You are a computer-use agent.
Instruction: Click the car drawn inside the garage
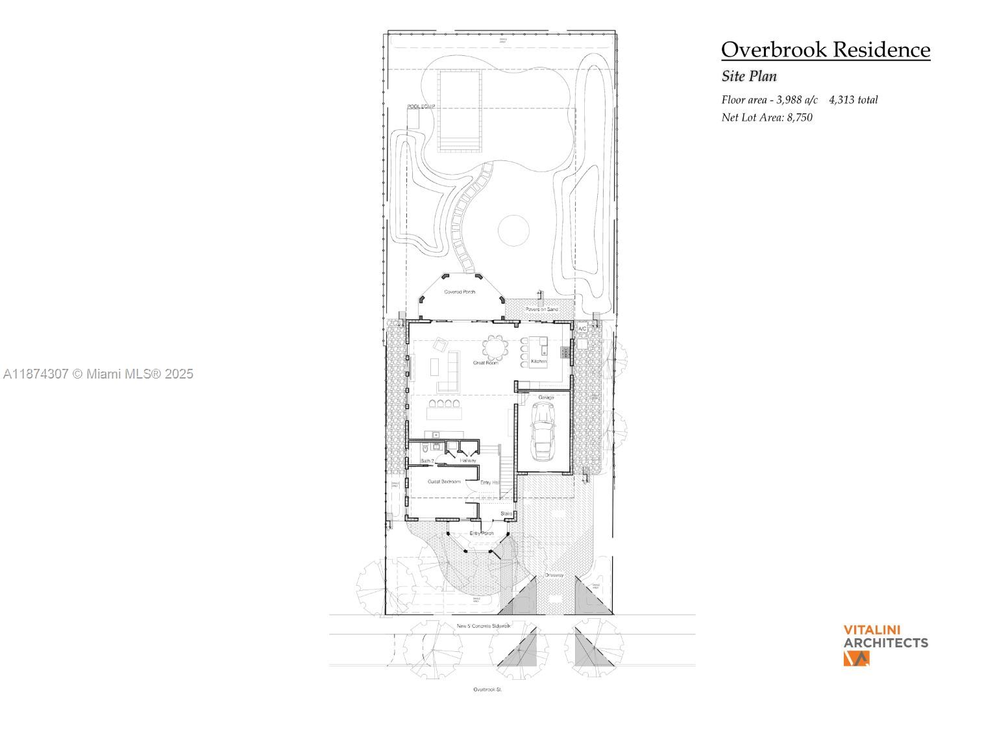pos(543,431)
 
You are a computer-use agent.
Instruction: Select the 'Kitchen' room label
pos(539,361)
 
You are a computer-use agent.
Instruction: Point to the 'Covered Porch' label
pos(460,292)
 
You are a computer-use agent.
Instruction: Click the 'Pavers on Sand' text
pos(541,309)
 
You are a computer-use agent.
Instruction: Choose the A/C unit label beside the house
pos(582,329)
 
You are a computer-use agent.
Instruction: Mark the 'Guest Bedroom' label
pos(444,482)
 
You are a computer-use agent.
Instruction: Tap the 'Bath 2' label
pos(427,461)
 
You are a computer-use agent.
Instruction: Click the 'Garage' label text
pos(546,397)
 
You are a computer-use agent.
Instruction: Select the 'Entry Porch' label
pos(482,533)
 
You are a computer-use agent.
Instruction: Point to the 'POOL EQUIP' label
pos(421,106)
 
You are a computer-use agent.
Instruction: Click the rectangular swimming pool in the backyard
pos(460,110)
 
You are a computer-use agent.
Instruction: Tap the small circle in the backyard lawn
pos(513,231)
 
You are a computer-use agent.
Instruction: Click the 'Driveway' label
pos(554,575)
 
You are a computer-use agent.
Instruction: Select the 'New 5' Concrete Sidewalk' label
pos(484,626)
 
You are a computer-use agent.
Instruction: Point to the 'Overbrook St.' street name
pos(487,690)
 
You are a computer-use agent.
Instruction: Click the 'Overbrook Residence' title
pos(826,50)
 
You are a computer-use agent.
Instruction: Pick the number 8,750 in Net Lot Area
pos(800,118)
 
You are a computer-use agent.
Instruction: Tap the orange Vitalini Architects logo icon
pos(856,658)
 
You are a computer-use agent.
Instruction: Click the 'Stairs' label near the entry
pos(506,514)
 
